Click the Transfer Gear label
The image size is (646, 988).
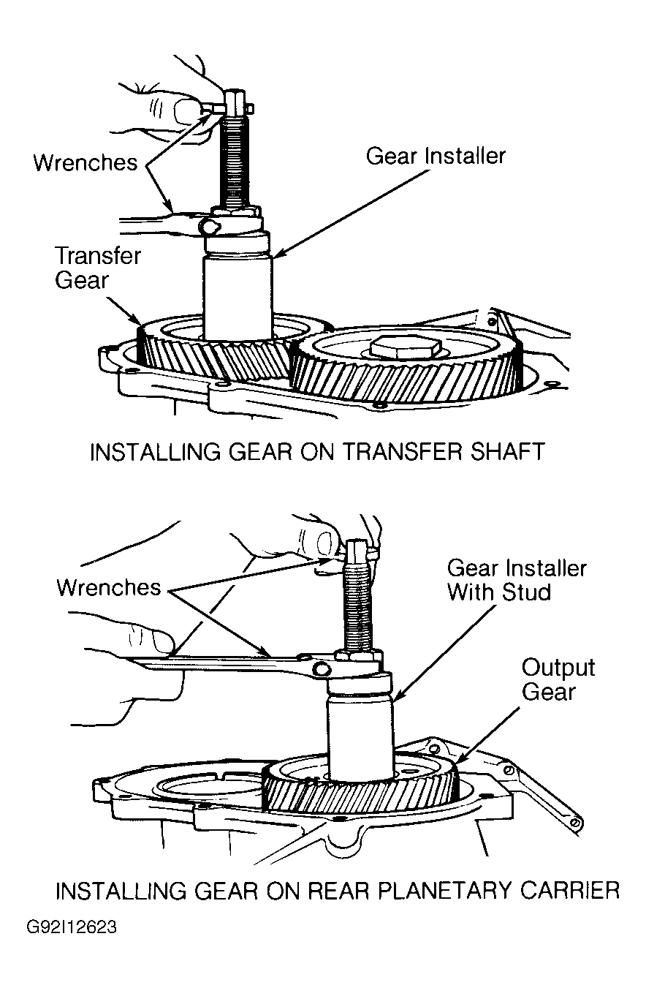coord(98,268)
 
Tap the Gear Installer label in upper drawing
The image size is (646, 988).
coord(436,156)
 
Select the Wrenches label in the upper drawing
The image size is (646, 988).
coord(85,162)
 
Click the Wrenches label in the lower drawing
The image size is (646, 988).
coord(109,587)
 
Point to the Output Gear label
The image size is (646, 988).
coord(558,679)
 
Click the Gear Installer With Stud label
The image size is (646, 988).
coord(517,580)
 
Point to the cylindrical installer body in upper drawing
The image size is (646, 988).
coord(237,298)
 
